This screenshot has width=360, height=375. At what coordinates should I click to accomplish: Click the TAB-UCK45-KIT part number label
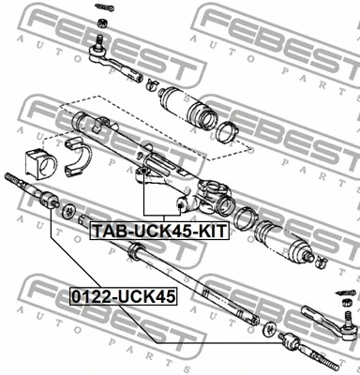tap(157, 228)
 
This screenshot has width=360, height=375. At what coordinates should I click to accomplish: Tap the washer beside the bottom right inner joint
tap(271, 330)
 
